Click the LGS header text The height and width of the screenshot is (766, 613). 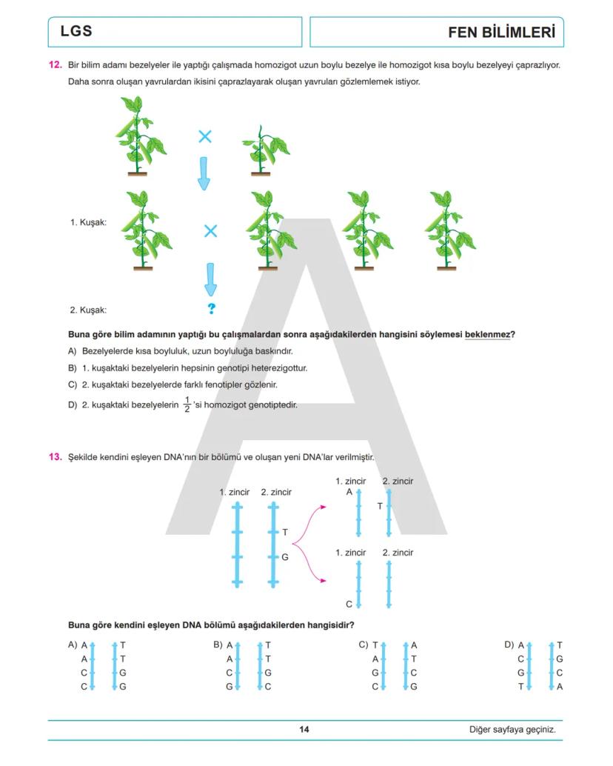(76, 32)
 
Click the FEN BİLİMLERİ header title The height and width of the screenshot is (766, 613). (501, 33)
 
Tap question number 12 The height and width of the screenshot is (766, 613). (55, 65)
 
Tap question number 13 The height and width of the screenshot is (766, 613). (55, 457)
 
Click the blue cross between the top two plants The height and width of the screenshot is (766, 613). (205, 136)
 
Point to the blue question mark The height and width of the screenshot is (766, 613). (211, 309)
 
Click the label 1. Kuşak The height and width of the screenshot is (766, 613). (88, 222)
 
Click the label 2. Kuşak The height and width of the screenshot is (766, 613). (88, 310)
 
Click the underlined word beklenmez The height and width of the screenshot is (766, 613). (487, 334)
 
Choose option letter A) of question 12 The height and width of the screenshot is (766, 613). (73, 350)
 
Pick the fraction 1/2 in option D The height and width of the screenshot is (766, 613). (187, 404)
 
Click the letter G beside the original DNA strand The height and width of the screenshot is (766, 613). (285, 556)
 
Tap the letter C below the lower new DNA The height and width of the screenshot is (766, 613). (349, 604)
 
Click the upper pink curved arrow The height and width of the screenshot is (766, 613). (309, 522)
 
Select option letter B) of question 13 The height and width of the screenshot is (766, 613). (218, 645)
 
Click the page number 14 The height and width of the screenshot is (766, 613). (304, 730)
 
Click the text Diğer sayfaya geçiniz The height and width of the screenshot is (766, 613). (512, 730)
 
